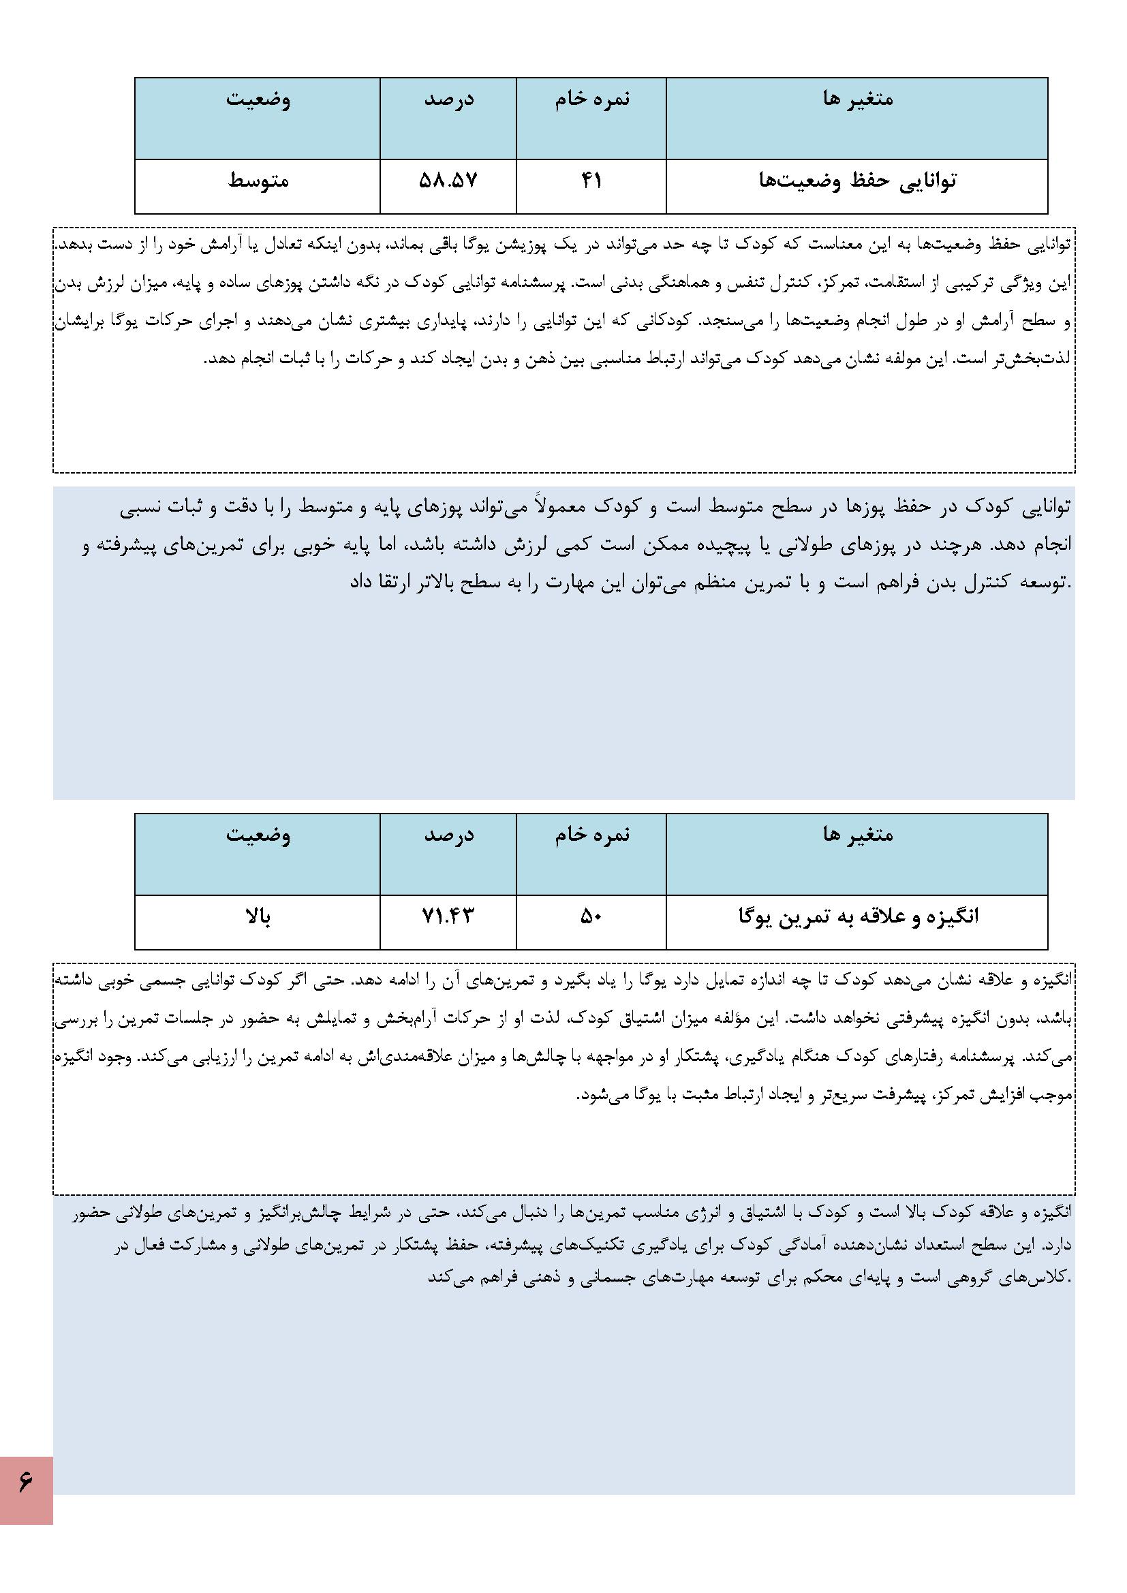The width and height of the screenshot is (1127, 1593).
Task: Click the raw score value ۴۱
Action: [x=591, y=181]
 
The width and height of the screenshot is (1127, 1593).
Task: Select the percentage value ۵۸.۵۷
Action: [x=448, y=181]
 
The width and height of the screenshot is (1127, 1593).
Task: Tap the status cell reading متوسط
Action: [x=258, y=181]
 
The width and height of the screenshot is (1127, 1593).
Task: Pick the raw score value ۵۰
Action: [x=591, y=916]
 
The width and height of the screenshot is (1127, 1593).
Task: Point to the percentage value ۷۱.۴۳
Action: [x=448, y=916]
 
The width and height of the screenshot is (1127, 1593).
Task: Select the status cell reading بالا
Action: [x=258, y=916]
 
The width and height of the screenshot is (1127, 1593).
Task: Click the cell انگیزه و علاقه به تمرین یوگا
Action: [x=858, y=916]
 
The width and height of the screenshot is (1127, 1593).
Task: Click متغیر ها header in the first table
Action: [x=858, y=99]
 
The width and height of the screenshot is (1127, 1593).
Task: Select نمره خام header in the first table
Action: [x=592, y=99]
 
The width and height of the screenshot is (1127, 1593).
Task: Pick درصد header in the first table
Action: [x=449, y=99]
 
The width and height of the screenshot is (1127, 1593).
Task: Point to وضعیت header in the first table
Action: [x=258, y=99]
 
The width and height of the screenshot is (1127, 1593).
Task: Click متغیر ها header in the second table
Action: [x=858, y=835]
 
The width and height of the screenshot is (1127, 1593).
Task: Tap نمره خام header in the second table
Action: [x=592, y=835]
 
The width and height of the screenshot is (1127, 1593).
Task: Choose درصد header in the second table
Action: [x=449, y=835]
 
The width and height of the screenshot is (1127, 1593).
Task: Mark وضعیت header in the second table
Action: [x=258, y=835]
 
